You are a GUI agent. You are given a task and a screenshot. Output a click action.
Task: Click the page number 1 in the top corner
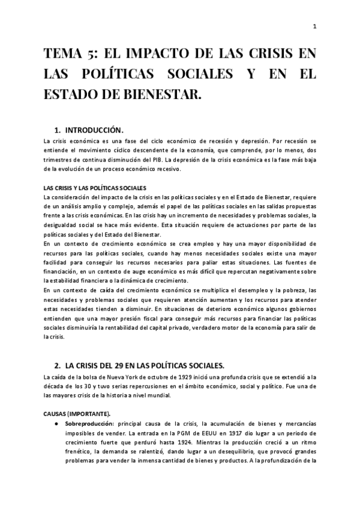314,26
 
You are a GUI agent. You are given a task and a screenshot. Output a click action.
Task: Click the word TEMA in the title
66,55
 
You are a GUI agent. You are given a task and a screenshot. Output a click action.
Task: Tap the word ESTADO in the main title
68,95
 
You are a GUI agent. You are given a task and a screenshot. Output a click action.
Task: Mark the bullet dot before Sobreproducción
55,424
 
